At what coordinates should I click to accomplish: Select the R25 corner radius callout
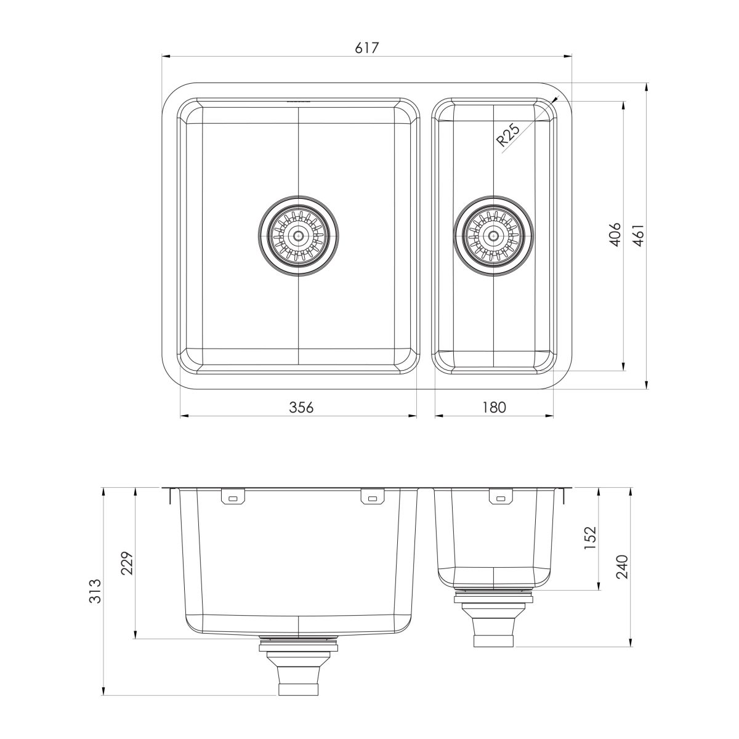tap(509, 134)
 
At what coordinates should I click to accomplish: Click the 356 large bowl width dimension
tap(302, 407)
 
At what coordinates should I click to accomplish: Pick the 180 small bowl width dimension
tap(494, 407)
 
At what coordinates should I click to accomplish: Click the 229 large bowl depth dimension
tap(126, 562)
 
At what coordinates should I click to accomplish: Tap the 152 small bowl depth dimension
tap(590, 538)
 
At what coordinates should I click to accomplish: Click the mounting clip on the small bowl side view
tap(499, 497)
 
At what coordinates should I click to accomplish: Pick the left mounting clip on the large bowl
tap(232, 497)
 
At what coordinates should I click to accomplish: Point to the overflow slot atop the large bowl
tap(298, 100)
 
